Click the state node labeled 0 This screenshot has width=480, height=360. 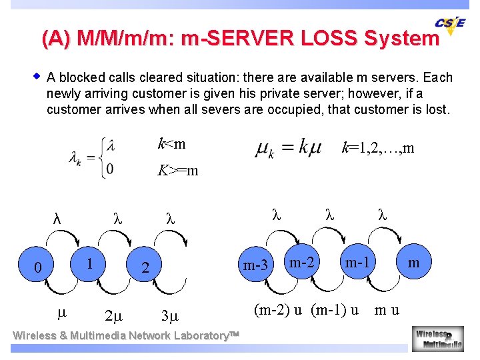point(38,267)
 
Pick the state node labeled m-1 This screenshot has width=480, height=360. point(358,263)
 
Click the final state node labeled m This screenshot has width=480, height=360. point(413,263)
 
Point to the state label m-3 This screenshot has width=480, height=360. point(255,266)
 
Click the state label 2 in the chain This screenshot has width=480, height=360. point(145,267)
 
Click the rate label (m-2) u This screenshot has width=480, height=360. point(278,309)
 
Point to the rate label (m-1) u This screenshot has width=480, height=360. point(335,309)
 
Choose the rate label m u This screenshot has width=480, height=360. point(387,309)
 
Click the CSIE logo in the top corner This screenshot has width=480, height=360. point(451,24)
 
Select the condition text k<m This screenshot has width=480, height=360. point(171,144)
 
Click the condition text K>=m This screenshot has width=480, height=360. point(177,171)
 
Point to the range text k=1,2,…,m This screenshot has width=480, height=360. point(377,147)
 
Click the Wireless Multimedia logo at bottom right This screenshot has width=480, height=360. point(439,337)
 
